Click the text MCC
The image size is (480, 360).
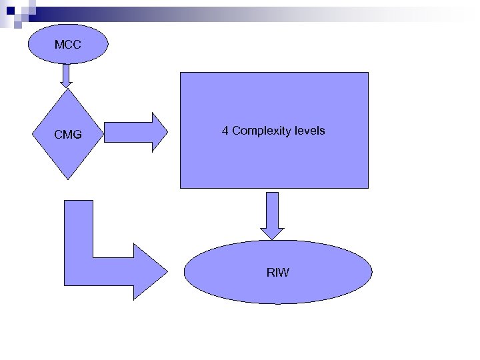point(67,45)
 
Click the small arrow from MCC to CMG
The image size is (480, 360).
point(65,75)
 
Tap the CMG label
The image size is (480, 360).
point(68,135)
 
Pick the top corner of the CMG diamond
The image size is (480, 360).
point(67,90)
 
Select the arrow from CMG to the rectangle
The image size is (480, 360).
point(133,132)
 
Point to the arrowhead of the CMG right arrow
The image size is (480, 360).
point(161,132)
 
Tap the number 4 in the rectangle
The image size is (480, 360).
point(225,131)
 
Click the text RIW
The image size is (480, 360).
point(277,272)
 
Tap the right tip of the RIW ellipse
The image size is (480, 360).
point(371,272)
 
